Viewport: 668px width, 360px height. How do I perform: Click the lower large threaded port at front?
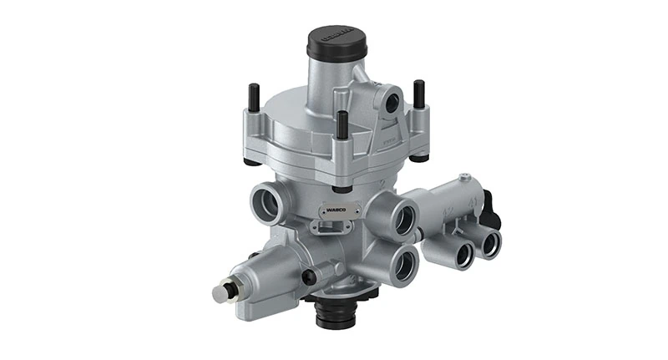pyautogui.click(x=402, y=265)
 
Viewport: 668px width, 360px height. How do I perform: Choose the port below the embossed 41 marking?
pyautogui.click(x=489, y=242)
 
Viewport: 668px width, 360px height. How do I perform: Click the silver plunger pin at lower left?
pyautogui.click(x=220, y=294)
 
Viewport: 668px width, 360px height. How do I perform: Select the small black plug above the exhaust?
pyautogui.click(x=310, y=276)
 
